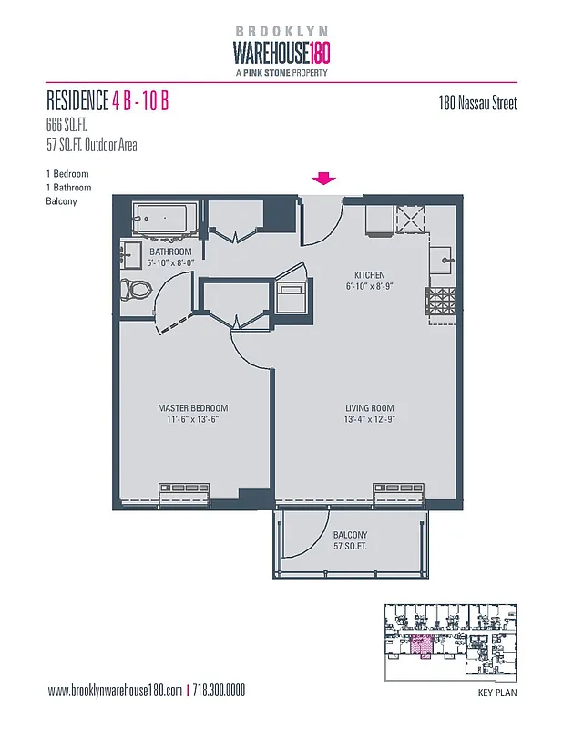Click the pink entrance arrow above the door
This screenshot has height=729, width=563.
point(324,179)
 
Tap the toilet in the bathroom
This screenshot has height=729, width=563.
point(138,290)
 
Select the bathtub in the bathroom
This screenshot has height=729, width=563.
point(160,220)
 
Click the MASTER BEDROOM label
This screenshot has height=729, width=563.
point(192,407)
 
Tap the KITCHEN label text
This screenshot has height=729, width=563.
point(369,274)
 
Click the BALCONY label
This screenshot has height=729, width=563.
point(350,535)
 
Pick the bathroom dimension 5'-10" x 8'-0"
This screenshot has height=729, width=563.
point(171,262)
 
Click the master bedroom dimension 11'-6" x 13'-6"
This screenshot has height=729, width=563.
point(192,419)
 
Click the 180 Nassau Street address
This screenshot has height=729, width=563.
point(477,104)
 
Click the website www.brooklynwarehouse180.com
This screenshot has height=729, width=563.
point(115,691)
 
